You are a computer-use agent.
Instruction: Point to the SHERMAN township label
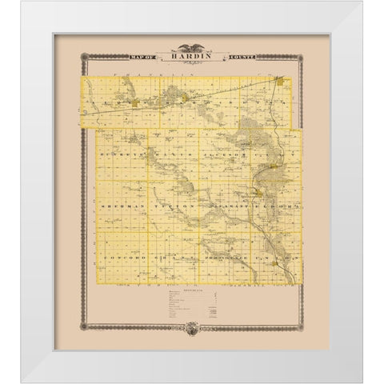[x=119, y=206]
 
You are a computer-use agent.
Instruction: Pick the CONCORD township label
[x=119, y=260]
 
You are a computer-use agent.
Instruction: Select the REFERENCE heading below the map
[x=191, y=291]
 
